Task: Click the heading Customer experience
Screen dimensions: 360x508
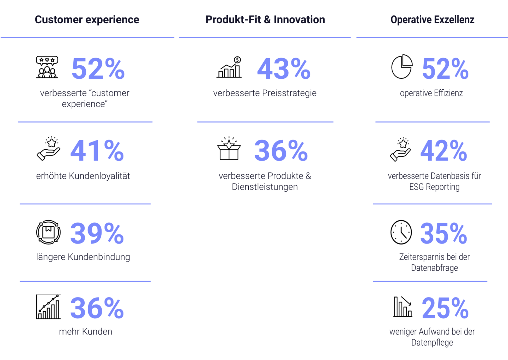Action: (87, 20)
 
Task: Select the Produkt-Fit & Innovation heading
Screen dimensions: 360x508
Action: (265, 20)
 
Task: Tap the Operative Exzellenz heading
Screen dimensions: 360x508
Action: (432, 20)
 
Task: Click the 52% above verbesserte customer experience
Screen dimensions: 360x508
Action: (98, 68)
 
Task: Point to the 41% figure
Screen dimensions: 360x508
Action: (97, 151)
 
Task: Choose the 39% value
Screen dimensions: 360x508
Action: (97, 233)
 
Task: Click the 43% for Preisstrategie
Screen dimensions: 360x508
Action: (284, 68)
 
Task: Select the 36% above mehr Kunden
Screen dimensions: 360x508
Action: (97, 308)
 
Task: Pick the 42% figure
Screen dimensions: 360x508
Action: (444, 151)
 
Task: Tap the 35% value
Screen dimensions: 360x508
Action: (443, 233)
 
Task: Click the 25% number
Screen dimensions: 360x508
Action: (445, 308)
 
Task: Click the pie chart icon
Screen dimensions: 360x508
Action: (402, 67)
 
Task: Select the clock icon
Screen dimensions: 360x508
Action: (401, 232)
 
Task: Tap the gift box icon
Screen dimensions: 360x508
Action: (229, 149)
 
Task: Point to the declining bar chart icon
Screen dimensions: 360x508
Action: (403, 306)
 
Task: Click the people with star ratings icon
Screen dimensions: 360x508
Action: (47, 67)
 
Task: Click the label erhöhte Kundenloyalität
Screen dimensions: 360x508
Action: (83, 176)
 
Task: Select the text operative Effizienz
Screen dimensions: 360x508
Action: (431, 93)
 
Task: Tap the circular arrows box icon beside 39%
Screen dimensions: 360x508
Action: (48, 232)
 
